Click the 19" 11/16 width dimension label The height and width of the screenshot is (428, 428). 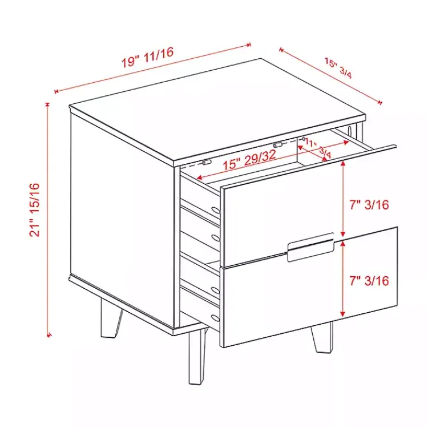[x=147, y=58]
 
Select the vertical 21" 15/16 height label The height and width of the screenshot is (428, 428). [x=36, y=209]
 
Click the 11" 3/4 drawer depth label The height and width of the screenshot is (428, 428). [x=318, y=147]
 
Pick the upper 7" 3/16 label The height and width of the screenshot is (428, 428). [x=369, y=204]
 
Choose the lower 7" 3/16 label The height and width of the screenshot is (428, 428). [x=369, y=280]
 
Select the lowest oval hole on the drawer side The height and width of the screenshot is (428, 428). [x=214, y=317]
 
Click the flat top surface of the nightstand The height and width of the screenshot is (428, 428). [x=217, y=108]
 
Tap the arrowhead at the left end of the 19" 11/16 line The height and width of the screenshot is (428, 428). [x=56, y=91]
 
